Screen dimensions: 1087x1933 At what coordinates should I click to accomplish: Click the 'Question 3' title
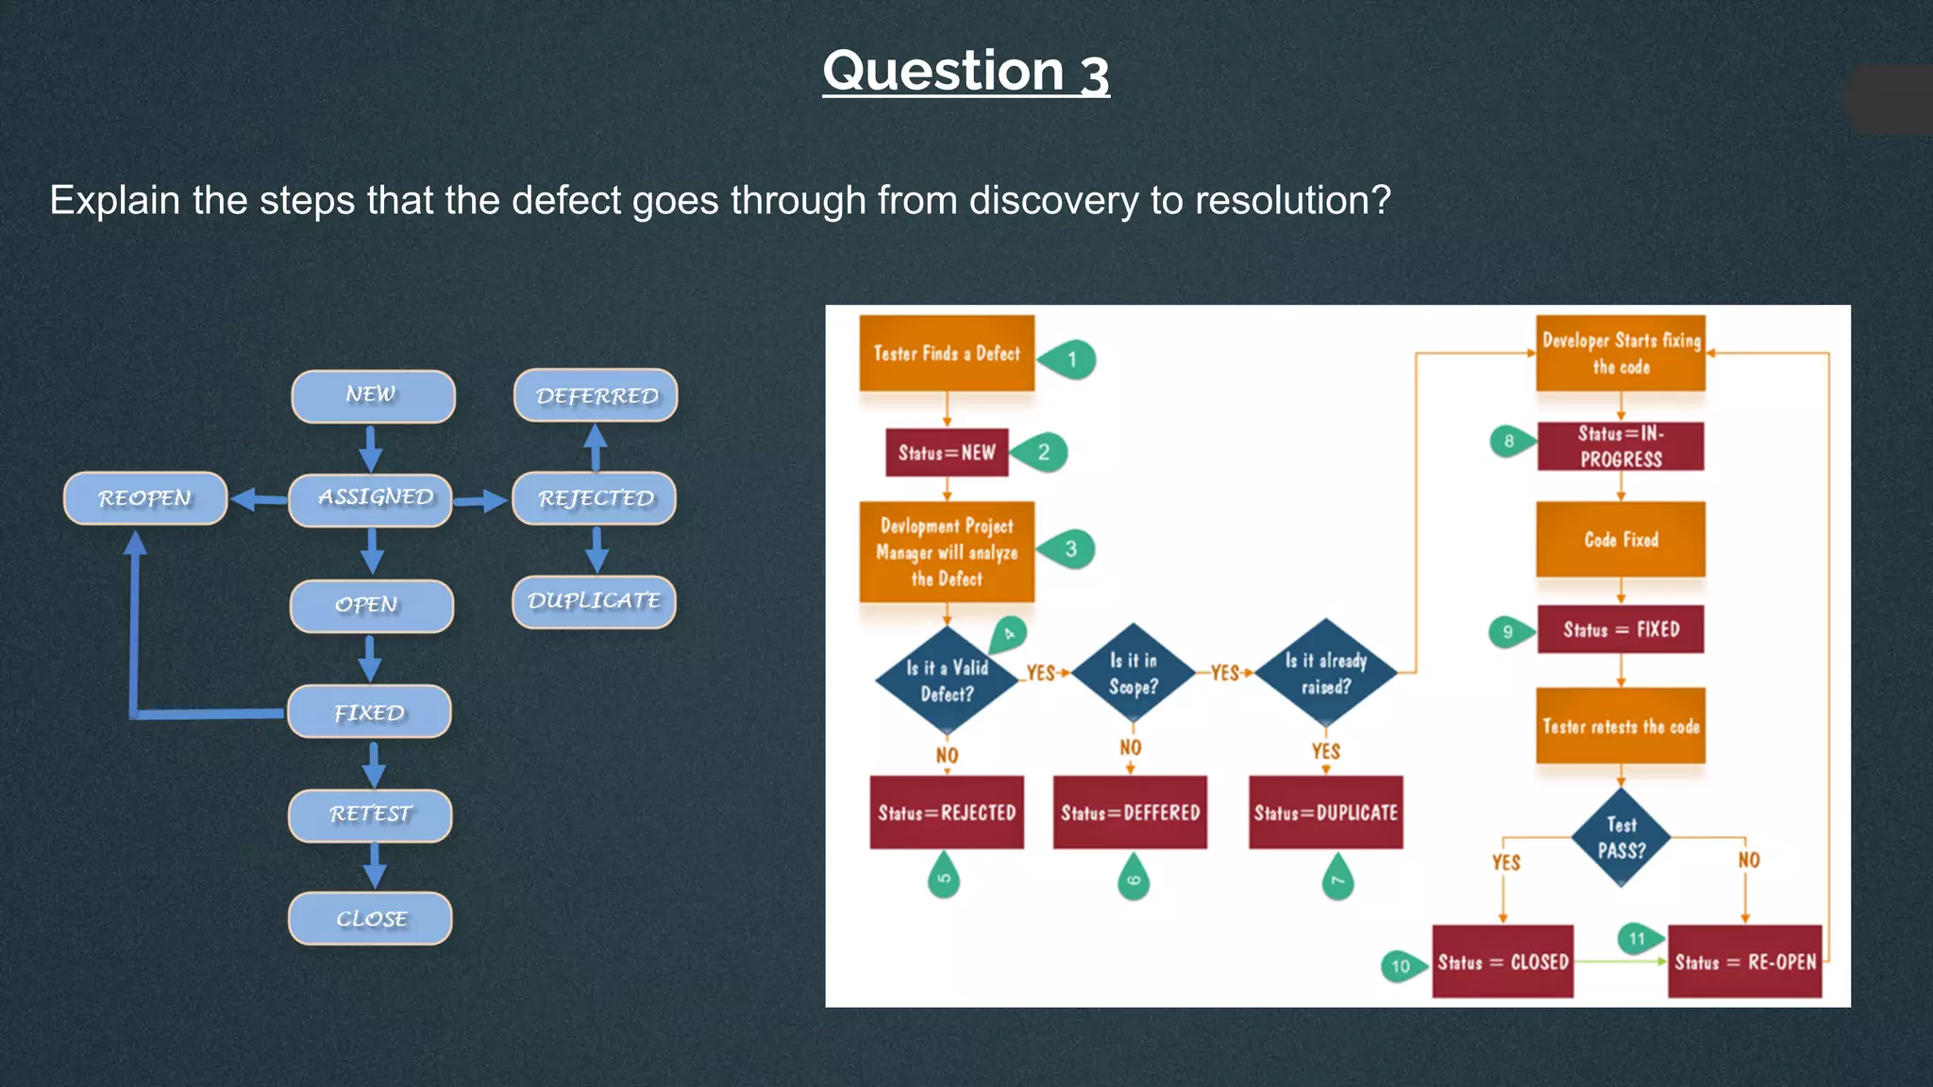tap(966, 72)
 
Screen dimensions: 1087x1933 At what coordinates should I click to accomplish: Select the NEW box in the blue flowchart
tap(373, 396)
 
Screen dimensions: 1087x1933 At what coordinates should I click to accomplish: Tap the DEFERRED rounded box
tap(596, 396)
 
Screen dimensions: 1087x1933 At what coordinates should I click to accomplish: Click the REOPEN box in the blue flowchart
tap(145, 498)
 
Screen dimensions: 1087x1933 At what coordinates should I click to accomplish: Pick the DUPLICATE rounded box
tap(594, 601)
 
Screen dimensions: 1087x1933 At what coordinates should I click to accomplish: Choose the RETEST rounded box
tap(370, 814)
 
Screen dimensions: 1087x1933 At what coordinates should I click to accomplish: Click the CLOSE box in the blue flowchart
tap(370, 918)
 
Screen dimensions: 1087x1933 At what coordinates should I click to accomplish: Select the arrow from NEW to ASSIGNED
tap(371, 448)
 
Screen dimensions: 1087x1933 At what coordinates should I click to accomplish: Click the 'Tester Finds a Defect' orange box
tap(947, 353)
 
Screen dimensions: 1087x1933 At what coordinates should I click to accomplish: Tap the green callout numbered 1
tap(1069, 360)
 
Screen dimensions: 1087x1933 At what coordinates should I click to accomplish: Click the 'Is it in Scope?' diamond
tap(1133, 674)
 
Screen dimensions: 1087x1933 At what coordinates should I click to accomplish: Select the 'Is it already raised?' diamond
tap(1325, 674)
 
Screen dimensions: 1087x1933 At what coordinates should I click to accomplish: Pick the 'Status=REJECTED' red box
tap(947, 812)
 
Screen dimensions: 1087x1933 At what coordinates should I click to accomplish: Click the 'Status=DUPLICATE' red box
tap(1325, 812)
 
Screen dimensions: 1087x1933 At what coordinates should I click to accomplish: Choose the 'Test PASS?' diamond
tap(1621, 838)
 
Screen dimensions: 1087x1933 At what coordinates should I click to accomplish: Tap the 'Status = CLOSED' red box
tap(1503, 962)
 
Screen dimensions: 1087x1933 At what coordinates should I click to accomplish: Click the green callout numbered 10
tap(1401, 965)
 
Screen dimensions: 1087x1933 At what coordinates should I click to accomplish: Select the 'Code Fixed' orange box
tap(1621, 540)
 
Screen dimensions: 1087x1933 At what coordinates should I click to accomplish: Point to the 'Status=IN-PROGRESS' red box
tap(1621, 446)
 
